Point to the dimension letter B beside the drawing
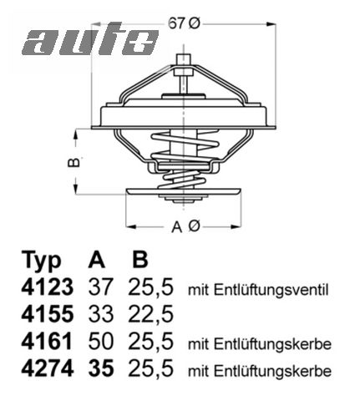point(74,161)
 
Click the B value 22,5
point(150,316)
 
